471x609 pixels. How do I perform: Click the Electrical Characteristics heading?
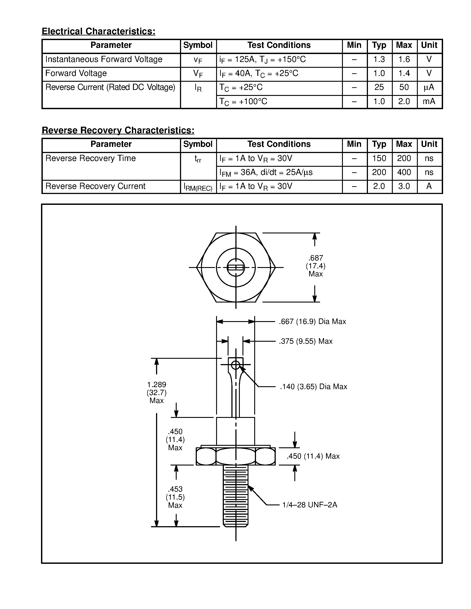98,31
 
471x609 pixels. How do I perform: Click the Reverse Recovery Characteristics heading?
118,130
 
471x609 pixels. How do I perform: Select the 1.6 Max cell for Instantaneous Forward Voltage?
404,59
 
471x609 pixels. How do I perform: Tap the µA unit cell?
429,87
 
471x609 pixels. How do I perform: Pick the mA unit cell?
429,101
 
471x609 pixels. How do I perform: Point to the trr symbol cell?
198,159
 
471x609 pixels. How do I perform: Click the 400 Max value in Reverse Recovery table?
404,172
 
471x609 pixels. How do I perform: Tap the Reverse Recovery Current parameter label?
96,186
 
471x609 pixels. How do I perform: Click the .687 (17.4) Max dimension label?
316,266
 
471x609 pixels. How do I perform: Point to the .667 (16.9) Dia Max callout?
312,322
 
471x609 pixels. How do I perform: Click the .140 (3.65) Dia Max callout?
313,386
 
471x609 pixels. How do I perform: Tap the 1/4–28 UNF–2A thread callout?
310,505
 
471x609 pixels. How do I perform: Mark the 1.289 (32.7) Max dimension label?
156,393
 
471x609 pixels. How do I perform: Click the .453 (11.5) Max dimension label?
175,497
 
